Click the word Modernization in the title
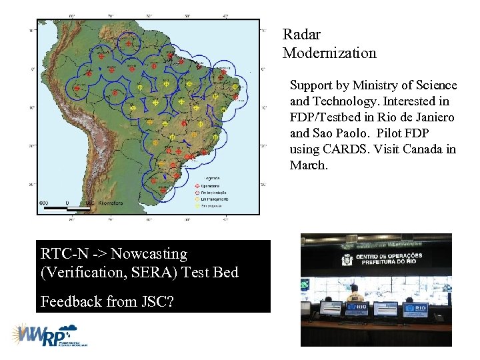pyautogui.click(x=329, y=53)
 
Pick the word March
pyautogui.click(x=309, y=165)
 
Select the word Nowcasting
pyautogui.click(x=149, y=253)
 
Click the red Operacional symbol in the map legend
pyautogui.click(x=197, y=186)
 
